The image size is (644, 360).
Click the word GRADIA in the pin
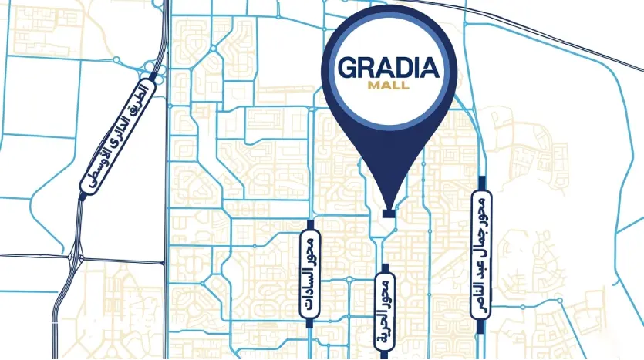389,69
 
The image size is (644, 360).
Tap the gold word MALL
389,86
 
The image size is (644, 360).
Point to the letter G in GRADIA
349,69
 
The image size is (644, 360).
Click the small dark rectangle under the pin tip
389,212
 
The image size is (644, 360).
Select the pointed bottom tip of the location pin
389,203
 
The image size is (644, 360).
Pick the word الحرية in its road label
385,320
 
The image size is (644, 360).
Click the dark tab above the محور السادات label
310,224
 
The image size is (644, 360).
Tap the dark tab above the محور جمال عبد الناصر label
482,182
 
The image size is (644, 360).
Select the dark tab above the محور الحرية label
385,266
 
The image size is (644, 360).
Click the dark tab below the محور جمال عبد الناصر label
482,325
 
